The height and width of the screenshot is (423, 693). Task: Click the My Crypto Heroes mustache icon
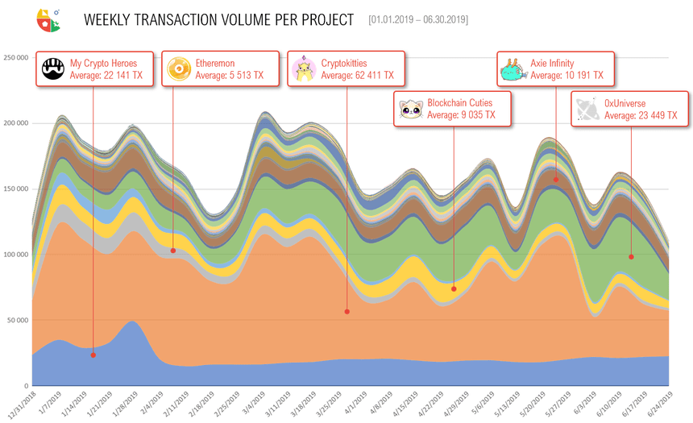53,69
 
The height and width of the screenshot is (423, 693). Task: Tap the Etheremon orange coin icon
177,69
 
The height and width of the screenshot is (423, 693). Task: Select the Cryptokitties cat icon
304,69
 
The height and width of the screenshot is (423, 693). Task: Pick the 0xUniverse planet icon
587,109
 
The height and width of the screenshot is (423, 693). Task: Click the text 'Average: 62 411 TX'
357,75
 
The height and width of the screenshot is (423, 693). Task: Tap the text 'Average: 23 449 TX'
641,115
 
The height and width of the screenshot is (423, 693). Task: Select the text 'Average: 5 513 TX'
229,75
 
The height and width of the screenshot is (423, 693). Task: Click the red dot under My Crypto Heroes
93,355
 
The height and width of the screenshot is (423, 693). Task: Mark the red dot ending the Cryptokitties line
347,311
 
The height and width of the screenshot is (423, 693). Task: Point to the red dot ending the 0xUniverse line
631,257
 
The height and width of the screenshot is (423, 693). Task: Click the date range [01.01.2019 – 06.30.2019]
417,19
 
